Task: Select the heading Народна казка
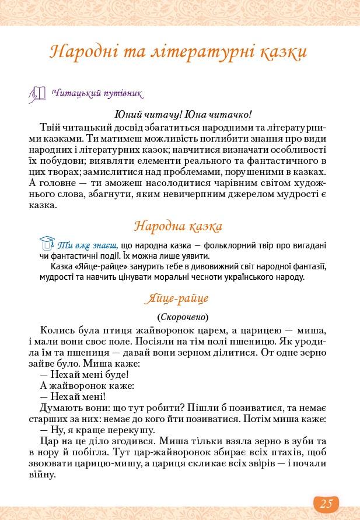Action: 178,226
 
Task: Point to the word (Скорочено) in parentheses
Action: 183,317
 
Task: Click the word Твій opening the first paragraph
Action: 51,127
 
